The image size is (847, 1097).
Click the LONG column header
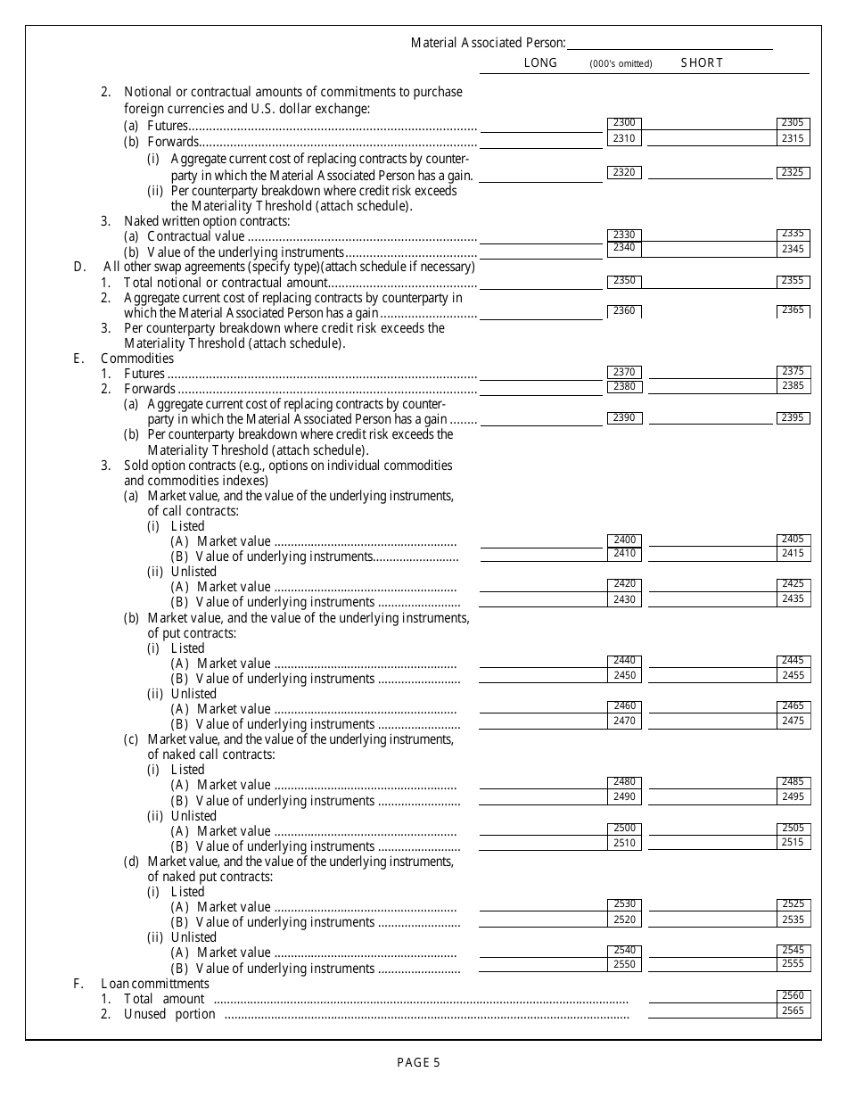(x=540, y=62)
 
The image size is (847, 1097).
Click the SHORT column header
(x=702, y=62)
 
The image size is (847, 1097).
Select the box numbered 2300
(x=624, y=123)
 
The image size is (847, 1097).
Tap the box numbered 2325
(x=793, y=172)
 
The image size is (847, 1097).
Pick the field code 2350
(x=624, y=281)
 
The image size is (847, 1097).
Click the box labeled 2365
(x=793, y=310)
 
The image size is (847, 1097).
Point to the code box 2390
(x=624, y=418)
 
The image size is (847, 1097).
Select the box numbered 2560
(x=793, y=996)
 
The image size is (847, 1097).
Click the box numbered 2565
(x=793, y=1011)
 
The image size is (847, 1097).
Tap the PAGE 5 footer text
(x=418, y=1061)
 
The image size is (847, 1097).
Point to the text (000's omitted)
(x=621, y=63)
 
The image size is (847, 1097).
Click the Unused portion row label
(x=169, y=1014)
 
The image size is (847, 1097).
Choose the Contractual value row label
(x=195, y=236)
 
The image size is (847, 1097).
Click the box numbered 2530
(x=624, y=904)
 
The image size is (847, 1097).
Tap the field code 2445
(x=793, y=661)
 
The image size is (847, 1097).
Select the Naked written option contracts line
(x=207, y=221)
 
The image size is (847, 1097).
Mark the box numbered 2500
(x=624, y=829)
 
